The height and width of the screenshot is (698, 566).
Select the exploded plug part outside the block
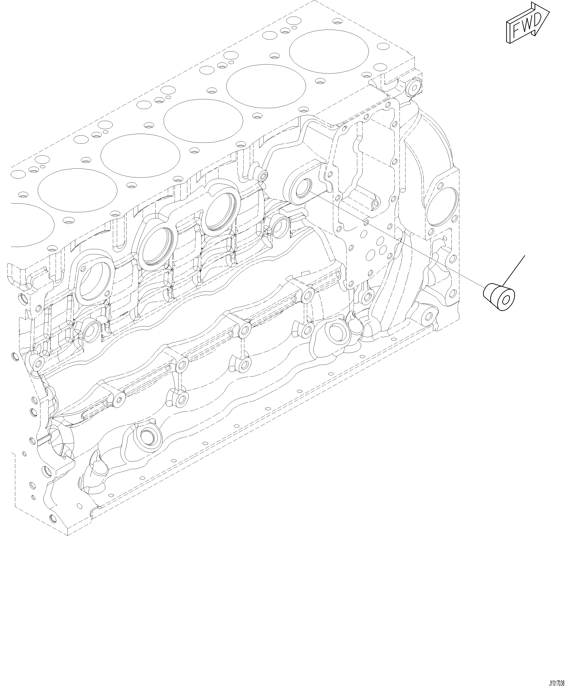point(499,296)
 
